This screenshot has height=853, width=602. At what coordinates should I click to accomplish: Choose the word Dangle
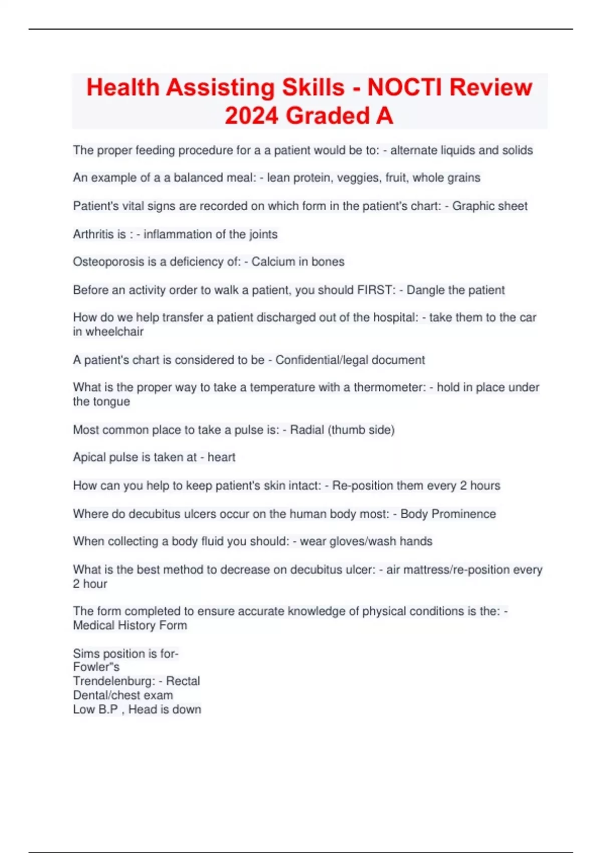(x=425, y=290)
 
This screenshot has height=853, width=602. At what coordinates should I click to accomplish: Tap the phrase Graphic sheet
(x=490, y=206)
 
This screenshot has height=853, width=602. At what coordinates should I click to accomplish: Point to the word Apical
(x=89, y=458)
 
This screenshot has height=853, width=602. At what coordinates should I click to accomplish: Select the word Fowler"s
(x=96, y=667)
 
